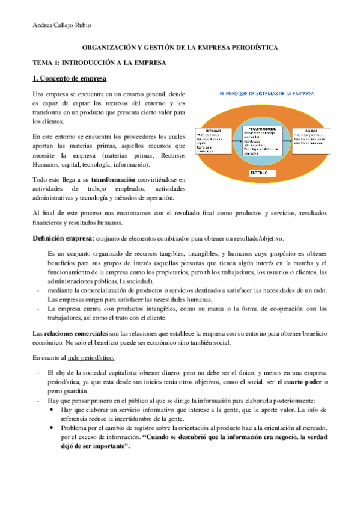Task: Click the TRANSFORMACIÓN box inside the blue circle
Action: click(261, 141)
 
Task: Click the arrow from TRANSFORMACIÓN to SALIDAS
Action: click(288, 138)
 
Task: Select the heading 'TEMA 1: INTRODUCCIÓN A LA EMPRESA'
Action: click(99, 63)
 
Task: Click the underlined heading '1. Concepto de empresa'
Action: click(69, 79)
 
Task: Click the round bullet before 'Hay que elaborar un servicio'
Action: click(54, 410)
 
